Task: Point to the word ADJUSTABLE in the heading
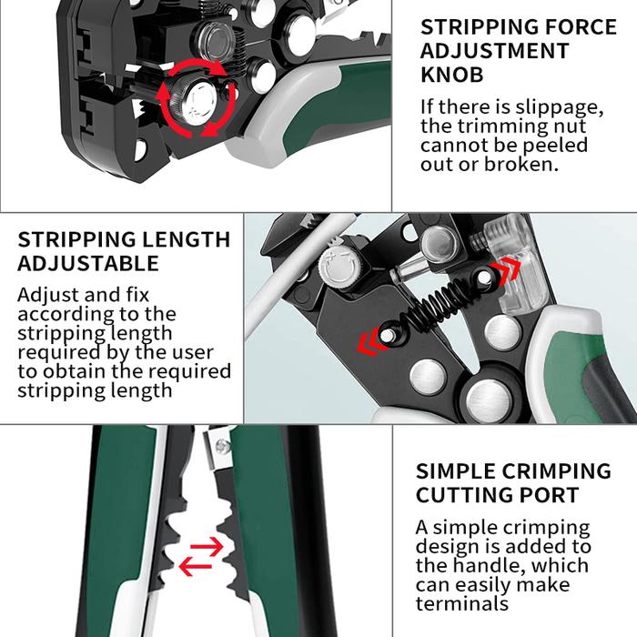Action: (88, 263)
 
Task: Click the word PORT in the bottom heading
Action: (551, 496)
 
